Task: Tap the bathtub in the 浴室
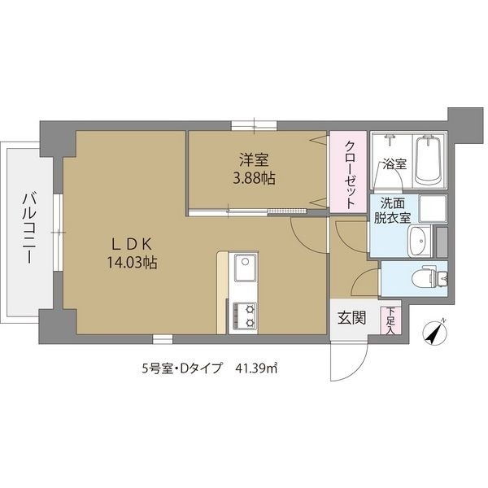(429, 159)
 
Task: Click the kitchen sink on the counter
(245, 268)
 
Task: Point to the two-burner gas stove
(245, 316)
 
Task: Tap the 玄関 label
(351, 318)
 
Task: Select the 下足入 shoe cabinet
(390, 321)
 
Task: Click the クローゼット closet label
(350, 176)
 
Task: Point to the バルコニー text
(28, 228)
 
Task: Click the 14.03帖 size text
(133, 263)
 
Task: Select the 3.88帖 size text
(255, 179)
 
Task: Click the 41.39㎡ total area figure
(256, 368)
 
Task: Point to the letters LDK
(132, 245)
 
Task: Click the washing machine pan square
(433, 208)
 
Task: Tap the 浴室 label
(394, 164)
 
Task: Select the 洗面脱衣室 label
(392, 211)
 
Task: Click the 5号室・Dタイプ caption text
(181, 368)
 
